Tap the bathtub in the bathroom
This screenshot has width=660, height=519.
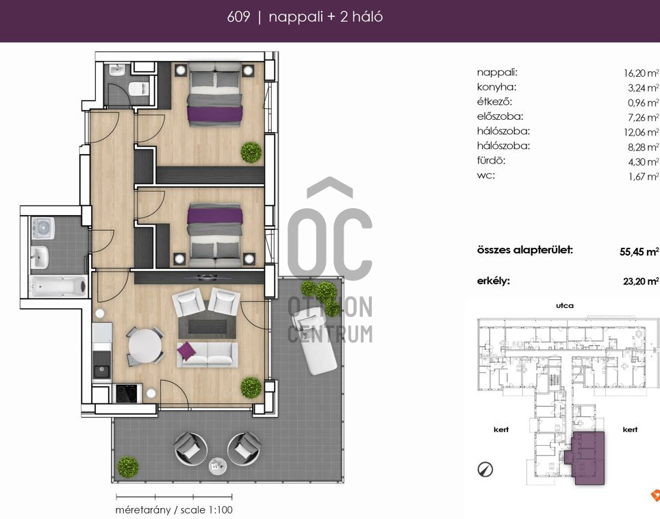[x=58, y=286]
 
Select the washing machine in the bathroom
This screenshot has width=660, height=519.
[x=42, y=228]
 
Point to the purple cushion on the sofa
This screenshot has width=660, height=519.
[x=186, y=350]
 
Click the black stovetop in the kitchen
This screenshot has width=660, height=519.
[x=126, y=394]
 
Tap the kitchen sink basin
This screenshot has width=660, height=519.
[x=101, y=371]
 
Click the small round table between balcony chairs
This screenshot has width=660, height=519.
[x=217, y=465]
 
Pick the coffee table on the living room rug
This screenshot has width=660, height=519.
[x=207, y=326]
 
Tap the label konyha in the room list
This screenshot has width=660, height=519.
[x=496, y=87]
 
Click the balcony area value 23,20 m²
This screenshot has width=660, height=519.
[x=640, y=281]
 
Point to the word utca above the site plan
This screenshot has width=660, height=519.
[x=564, y=305]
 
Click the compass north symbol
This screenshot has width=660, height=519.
[x=485, y=469]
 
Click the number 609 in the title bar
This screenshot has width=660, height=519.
[x=238, y=17]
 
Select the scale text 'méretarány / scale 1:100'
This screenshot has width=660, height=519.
[x=174, y=509]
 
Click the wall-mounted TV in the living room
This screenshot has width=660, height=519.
[x=206, y=277]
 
